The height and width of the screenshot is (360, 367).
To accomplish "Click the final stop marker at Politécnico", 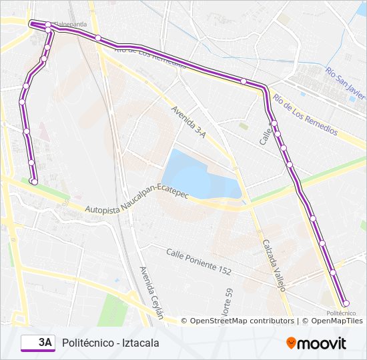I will click(x=345, y=304).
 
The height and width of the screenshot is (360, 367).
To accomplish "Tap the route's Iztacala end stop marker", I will click(x=34, y=181).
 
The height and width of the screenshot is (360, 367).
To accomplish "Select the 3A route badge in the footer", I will click(x=38, y=343).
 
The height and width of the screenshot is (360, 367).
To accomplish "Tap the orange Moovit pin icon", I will click(x=292, y=343).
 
